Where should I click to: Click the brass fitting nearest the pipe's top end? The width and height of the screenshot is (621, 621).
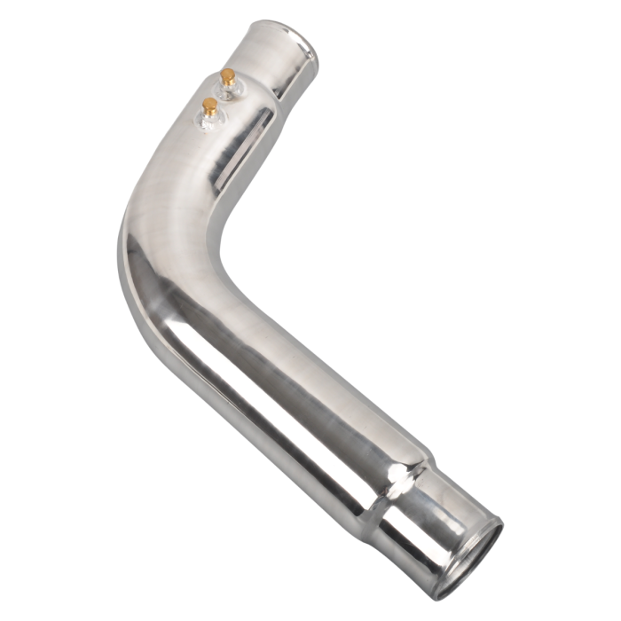click(228, 78)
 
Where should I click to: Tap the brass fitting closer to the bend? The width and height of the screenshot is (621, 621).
click(210, 107)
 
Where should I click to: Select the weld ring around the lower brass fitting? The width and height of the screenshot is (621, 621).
click(210, 120)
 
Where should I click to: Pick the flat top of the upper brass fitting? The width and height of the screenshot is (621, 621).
click(228, 73)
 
